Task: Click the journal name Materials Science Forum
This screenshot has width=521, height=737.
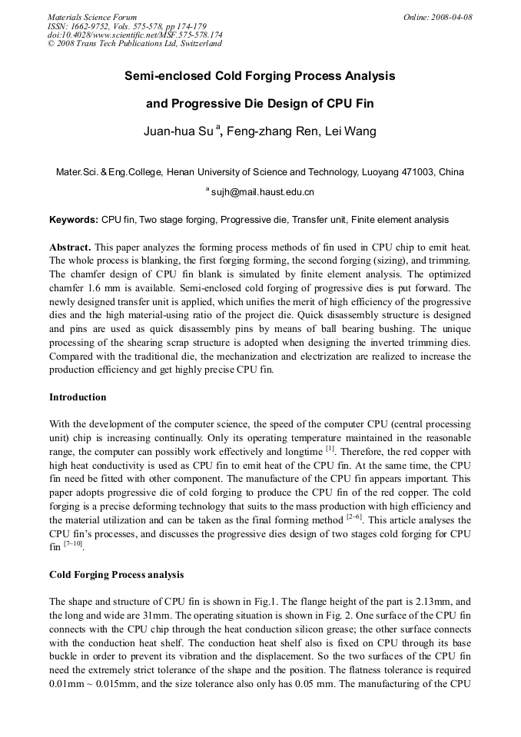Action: point(92,17)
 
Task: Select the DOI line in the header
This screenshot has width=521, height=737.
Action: point(134,35)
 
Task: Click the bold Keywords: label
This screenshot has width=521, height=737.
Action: point(74,220)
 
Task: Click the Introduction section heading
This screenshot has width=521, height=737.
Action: point(78,397)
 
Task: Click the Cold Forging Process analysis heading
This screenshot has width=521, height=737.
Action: point(116,575)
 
